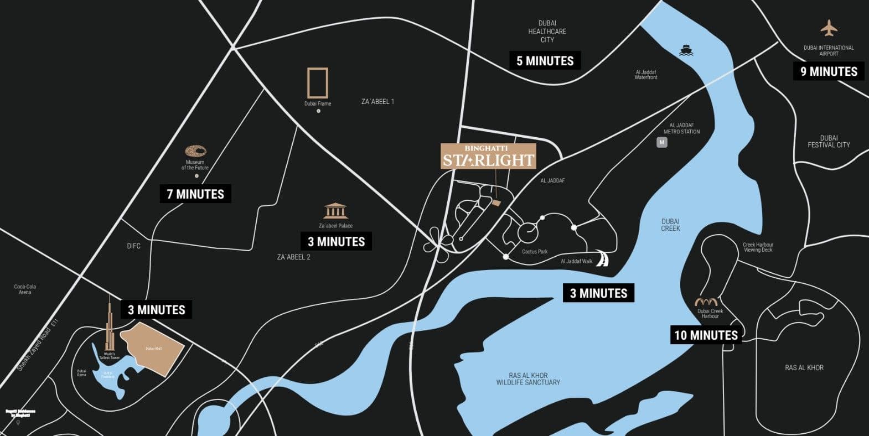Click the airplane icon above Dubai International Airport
pyautogui.click(x=829, y=28)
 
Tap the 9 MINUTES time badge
pyautogui.click(x=829, y=71)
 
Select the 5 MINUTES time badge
pyautogui.click(x=545, y=61)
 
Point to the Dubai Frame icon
pyautogui.click(x=318, y=83)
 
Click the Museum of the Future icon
pyautogui.click(x=195, y=150)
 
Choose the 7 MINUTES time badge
pyautogui.click(x=195, y=194)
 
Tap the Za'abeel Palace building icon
pyautogui.click(x=335, y=211)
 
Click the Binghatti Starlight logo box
pyautogui.click(x=488, y=156)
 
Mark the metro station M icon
pyautogui.click(x=661, y=142)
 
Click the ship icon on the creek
pyautogui.click(x=686, y=50)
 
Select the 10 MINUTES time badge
pyautogui.click(x=706, y=335)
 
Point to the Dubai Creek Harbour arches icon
pyautogui.click(x=706, y=302)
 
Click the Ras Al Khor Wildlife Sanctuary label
pyautogui.click(x=528, y=379)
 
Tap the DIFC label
pyautogui.click(x=133, y=246)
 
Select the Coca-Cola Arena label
pyautogui.click(x=25, y=289)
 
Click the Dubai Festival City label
pyautogui.click(x=829, y=142)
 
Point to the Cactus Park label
pyautogui.click(x=535, y=252)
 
